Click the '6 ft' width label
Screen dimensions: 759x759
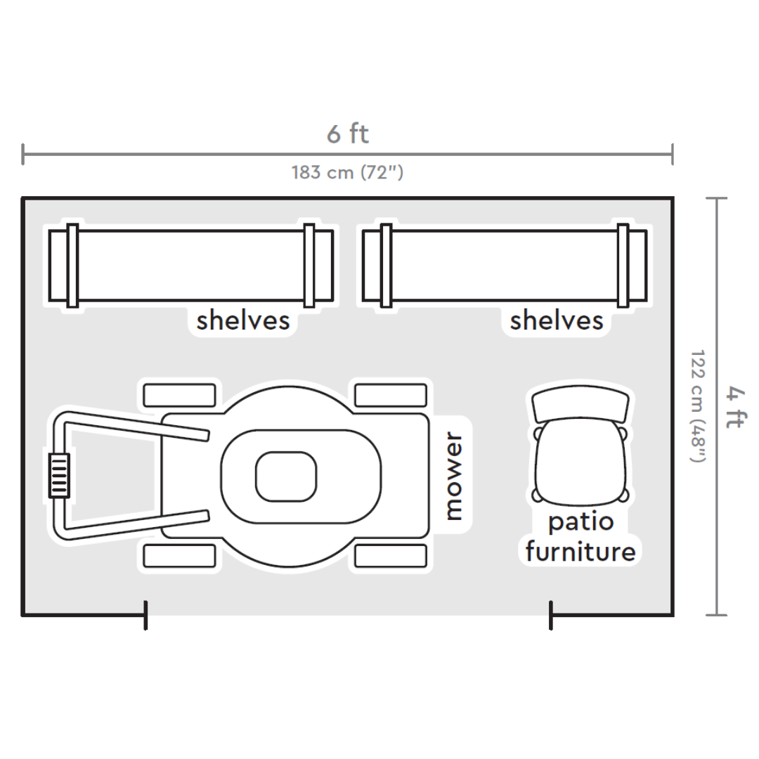[348, 134]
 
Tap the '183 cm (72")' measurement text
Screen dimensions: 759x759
[348, 172]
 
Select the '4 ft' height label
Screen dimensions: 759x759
[737, 407]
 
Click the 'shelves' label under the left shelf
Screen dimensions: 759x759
[243, 320]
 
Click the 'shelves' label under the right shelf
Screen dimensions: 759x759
[557, 320]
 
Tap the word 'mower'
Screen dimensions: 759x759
[453, 476]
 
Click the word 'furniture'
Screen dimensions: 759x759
[581, 552]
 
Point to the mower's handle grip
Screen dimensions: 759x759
[59, 475]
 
